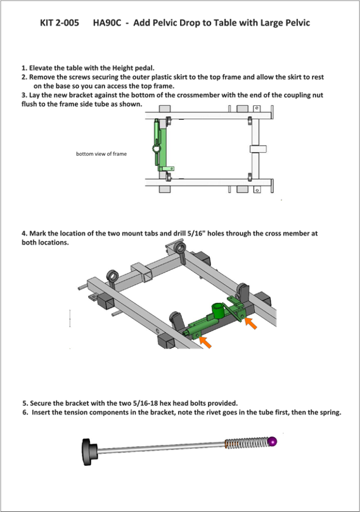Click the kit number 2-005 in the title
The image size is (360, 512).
point(68,23)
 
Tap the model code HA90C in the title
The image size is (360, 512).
point(107,23)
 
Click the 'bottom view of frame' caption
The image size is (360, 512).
point(101,154)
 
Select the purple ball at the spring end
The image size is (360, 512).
point(272,442)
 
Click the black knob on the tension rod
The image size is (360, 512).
point(89,452)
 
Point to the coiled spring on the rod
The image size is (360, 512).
point(247,443)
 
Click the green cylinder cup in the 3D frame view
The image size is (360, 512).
point(218,310)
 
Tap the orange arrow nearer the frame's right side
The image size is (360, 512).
point(250,323)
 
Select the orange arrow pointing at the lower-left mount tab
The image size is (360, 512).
point(205,342)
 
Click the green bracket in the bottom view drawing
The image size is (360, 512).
point(161,145)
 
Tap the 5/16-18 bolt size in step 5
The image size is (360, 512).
point(145,403)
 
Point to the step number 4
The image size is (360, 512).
point(24,233)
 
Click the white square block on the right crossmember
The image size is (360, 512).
point(258,149)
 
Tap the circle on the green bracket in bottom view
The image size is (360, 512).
point(156,148)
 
